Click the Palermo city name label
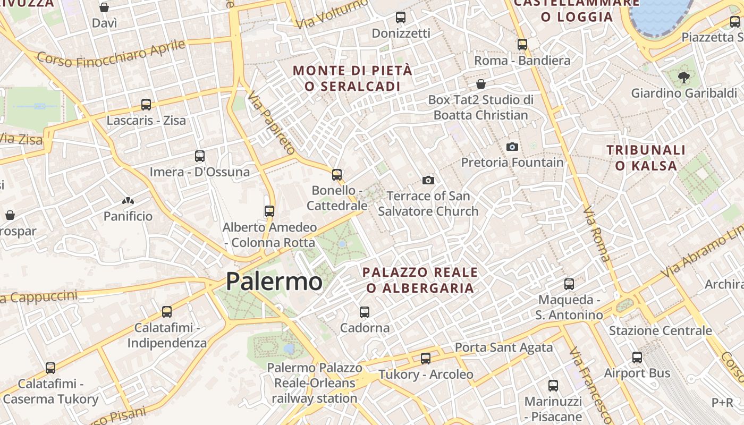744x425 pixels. point(274,281)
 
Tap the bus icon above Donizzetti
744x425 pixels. point(401,18)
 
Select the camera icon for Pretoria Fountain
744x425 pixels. point(512,147)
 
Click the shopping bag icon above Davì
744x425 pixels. point(104,7)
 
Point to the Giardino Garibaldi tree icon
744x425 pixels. point(683,78)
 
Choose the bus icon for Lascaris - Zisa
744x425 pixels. point(146,105)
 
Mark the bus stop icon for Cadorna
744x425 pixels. point(365,312)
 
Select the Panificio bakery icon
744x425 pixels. point(128,201)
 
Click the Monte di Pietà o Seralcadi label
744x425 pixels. point(352,78)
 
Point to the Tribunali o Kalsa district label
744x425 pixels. point(646,158)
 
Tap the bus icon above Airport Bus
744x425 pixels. point(637,358)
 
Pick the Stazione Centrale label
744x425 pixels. point(660,331)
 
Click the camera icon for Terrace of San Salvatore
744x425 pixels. point(428,181)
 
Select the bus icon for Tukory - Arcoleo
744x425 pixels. point(426,359)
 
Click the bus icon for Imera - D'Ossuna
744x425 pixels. point(200,156)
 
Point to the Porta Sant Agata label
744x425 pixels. point(504,347)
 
